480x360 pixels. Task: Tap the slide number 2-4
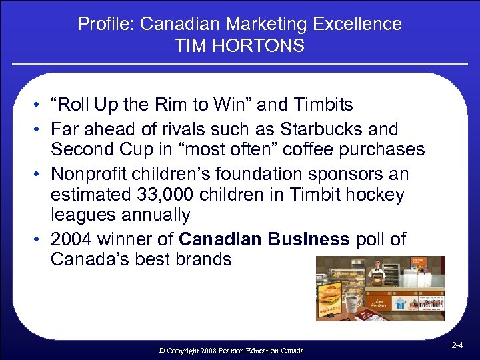coord(457,346)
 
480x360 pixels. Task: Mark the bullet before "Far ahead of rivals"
coord(41,129)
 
